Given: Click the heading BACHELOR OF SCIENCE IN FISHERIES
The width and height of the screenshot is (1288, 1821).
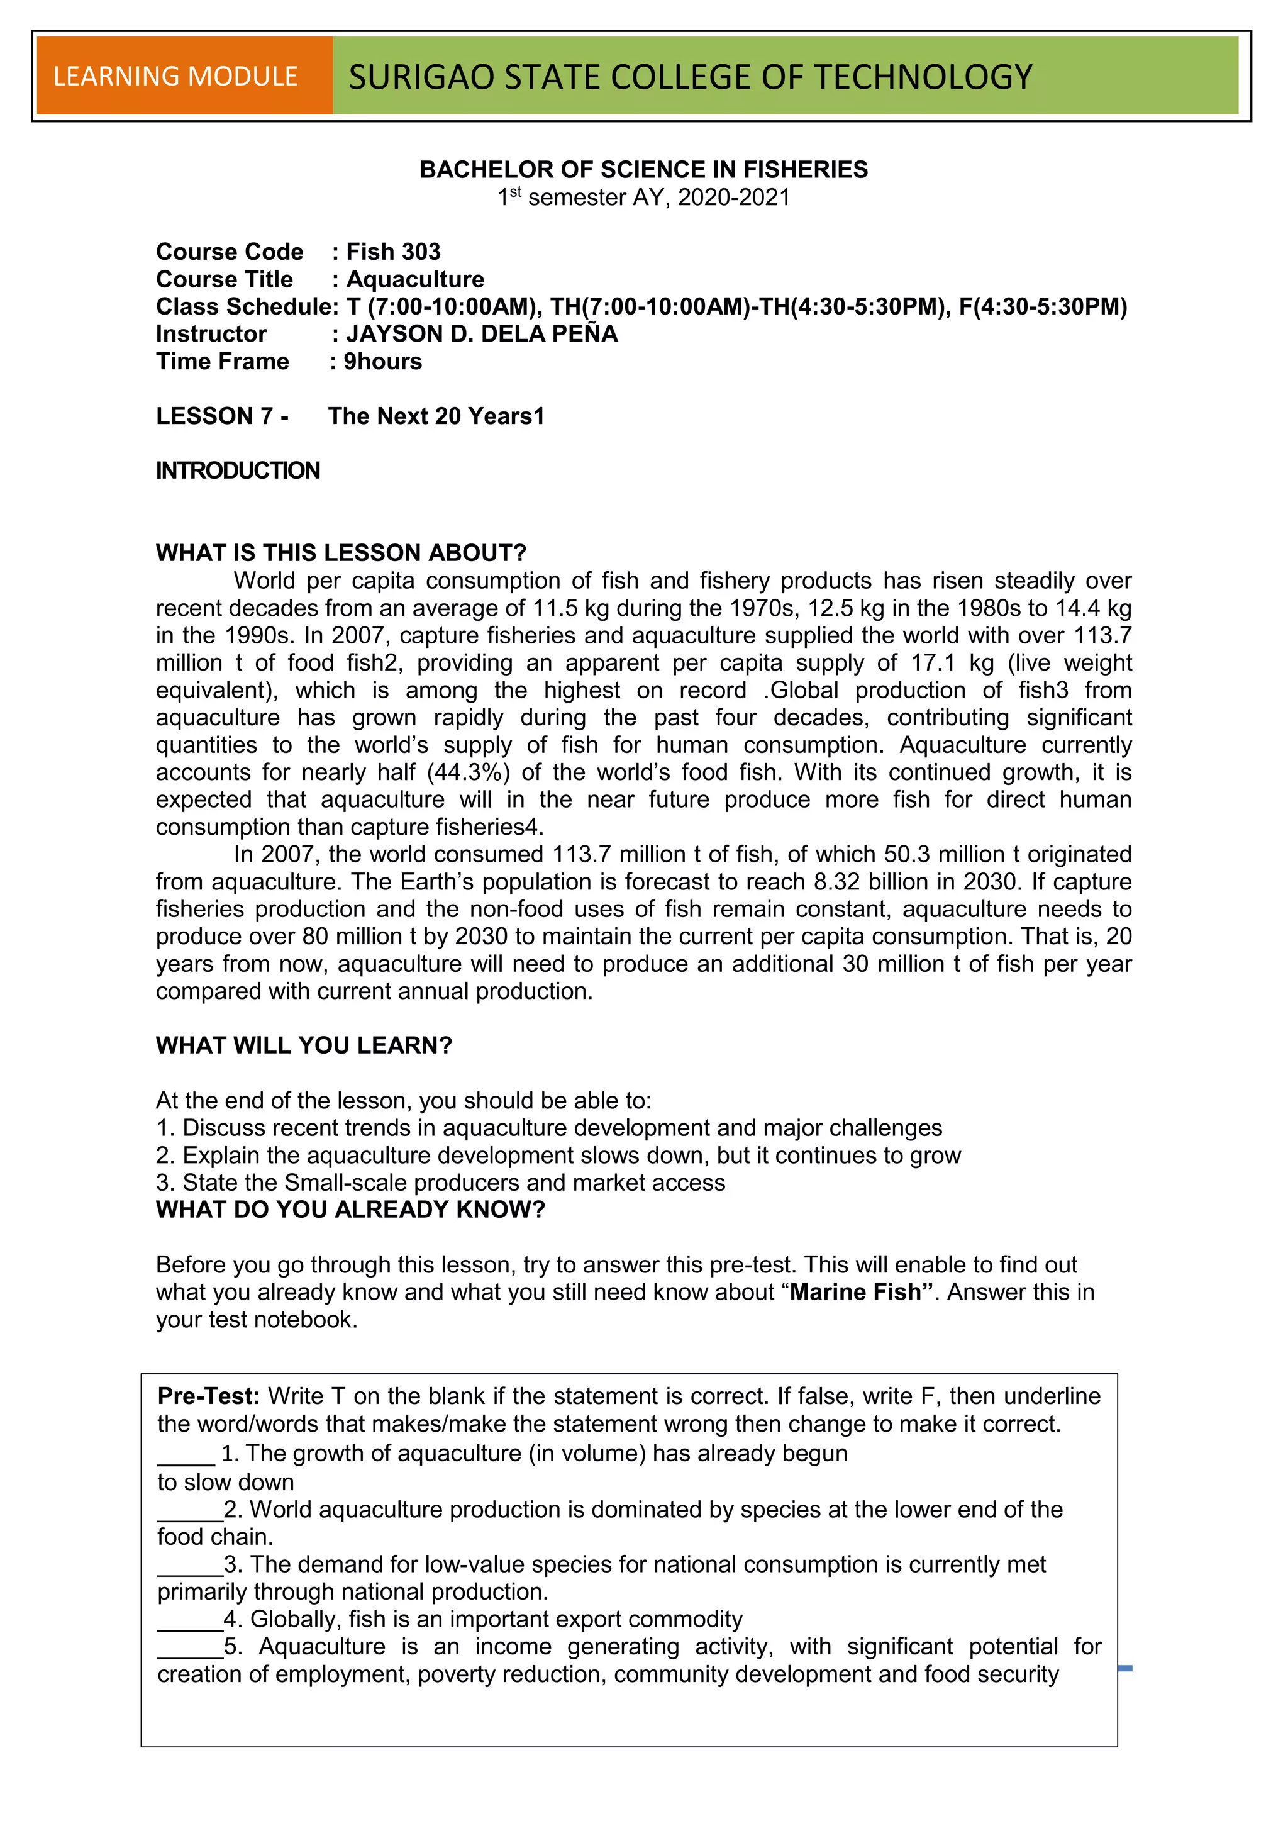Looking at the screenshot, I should [x=643, y=169].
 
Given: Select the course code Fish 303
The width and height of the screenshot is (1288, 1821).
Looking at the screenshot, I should [x=393, y=252].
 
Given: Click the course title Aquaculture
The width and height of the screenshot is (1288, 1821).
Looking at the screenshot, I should [x=415, y=279].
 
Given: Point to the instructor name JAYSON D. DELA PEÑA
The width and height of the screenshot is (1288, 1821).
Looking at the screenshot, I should [x=481, y=334].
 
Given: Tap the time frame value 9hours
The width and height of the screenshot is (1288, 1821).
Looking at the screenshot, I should [x=382, y=362].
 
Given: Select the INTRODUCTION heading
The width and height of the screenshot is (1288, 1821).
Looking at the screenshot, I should [x=238, y=471].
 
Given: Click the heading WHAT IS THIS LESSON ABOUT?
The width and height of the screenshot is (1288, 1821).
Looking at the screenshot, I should [x=341, y=553].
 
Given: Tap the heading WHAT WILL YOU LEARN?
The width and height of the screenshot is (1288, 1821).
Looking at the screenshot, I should [x=304, y=1045].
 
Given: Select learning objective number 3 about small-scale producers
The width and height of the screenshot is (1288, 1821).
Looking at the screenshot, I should [x=440, y=1183].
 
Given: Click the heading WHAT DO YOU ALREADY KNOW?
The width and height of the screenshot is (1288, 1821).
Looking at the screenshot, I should [x=350, y=1210].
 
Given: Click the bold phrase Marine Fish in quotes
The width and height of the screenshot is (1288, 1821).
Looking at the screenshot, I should [x=855, y=1292].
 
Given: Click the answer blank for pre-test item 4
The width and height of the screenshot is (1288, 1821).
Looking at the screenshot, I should [x=189, y=1620].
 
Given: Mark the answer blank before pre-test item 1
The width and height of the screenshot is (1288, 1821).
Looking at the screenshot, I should [x=186, y=1454].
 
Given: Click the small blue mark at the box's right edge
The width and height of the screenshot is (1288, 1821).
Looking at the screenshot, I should [x=1124, y=1669].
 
